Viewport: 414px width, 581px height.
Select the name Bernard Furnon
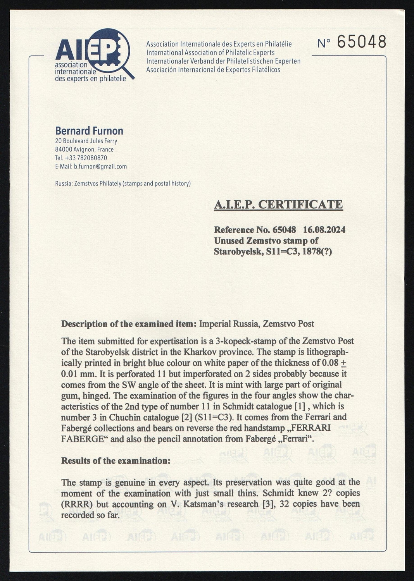[x=89, y=131]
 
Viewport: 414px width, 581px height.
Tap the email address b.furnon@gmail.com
[x=100, y=167]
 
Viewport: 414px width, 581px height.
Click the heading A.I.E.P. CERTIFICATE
[x=278, y=205]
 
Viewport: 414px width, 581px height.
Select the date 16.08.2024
[x=324, y=230]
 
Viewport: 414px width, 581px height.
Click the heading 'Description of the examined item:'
[x=129, y=324]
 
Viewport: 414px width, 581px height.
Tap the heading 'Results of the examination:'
[x=116, y=461]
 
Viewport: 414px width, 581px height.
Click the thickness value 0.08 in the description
[x=330, y=363]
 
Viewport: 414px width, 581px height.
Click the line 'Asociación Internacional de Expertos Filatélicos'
[x=213, y=70]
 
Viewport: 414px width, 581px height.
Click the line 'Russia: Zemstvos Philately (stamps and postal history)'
[x=123, y=184]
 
